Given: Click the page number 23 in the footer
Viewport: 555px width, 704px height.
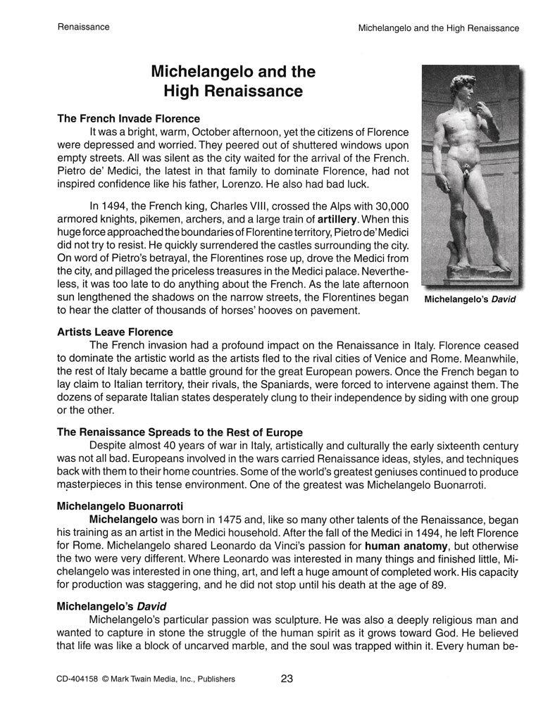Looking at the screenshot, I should pyautogui.click(x=286, y=679).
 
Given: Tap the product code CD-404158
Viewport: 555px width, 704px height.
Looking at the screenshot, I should pyautogui.click(x=77, y=679).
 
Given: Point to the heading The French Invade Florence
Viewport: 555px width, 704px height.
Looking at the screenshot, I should pyautogui.click(x=128, y=118).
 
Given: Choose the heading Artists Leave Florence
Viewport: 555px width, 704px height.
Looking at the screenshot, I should pyautogui.click(x=115, y=332).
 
